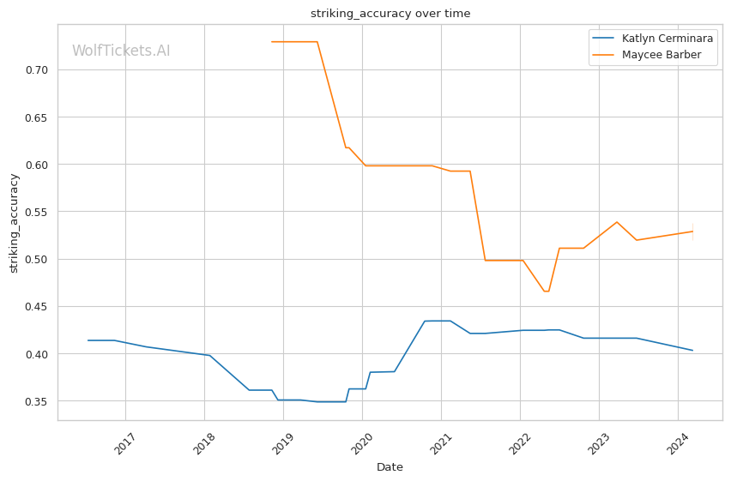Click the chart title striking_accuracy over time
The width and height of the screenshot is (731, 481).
click(390, 14)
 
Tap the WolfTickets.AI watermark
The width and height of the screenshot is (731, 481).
click(121, 51)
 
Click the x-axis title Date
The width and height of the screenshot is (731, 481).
click(390, 467)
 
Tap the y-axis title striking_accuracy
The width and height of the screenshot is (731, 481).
click(14, 223)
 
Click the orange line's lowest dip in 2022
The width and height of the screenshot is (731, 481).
click(546, 292)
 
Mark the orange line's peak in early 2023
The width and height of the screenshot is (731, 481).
click(616, 222)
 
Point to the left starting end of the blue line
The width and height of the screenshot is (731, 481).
click(88, 340)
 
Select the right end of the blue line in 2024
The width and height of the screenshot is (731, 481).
click(692, 350)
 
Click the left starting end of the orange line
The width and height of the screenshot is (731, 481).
click(272, 42)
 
